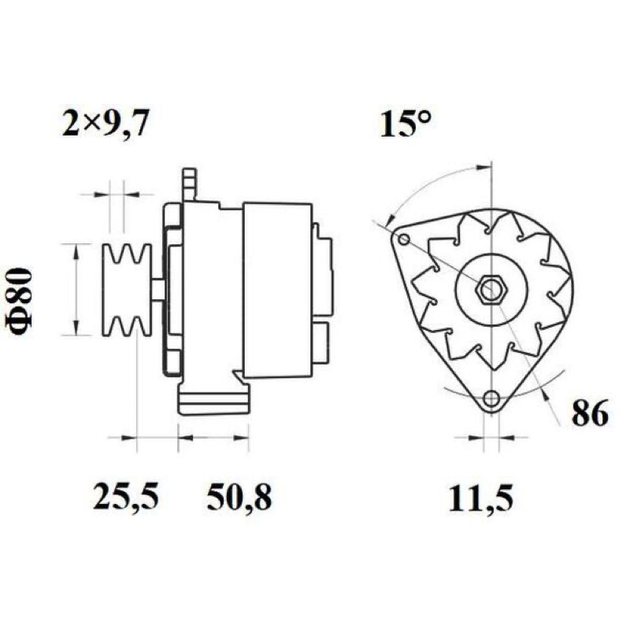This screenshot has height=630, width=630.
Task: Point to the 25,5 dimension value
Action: [126, 497]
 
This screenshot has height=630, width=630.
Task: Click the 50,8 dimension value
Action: [239, 497]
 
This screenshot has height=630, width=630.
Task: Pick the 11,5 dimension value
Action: [481, 498]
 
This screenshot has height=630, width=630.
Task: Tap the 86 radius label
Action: [590, 413]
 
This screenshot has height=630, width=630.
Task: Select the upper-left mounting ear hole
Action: [404, 240]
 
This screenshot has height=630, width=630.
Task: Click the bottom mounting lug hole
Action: [491, 399]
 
